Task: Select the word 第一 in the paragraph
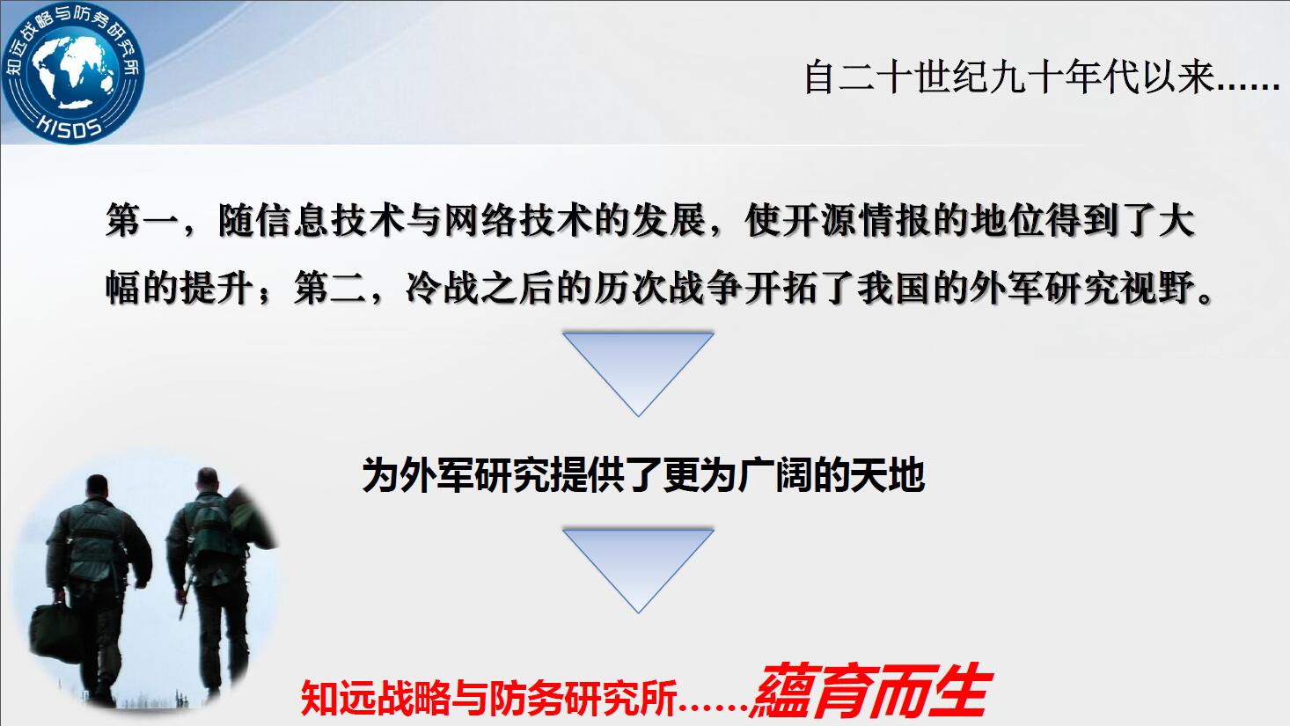click(x=142, y=221)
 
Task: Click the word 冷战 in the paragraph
click(x=443, y=287)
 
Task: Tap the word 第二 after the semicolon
click(x=331, y=287)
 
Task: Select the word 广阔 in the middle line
click(x=774, y=475)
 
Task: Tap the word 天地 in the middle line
click(x=887, y=475)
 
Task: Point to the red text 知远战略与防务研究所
click(x=488, y=698)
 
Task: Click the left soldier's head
click(x=97, y=488)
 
